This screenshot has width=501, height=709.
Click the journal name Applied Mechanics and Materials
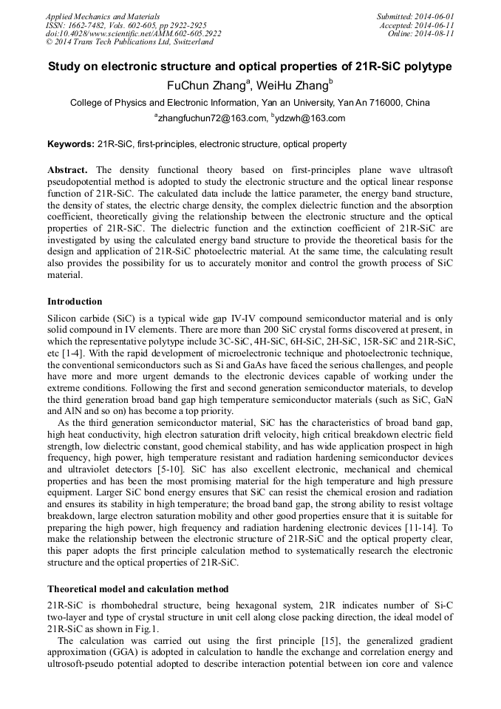click(102, 16)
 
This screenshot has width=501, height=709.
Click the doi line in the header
click(133, 34)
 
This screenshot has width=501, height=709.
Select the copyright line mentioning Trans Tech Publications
click(129, 43)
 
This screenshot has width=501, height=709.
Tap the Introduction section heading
click(75, 302)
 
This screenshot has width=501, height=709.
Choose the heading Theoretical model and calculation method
click(137, 589)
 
